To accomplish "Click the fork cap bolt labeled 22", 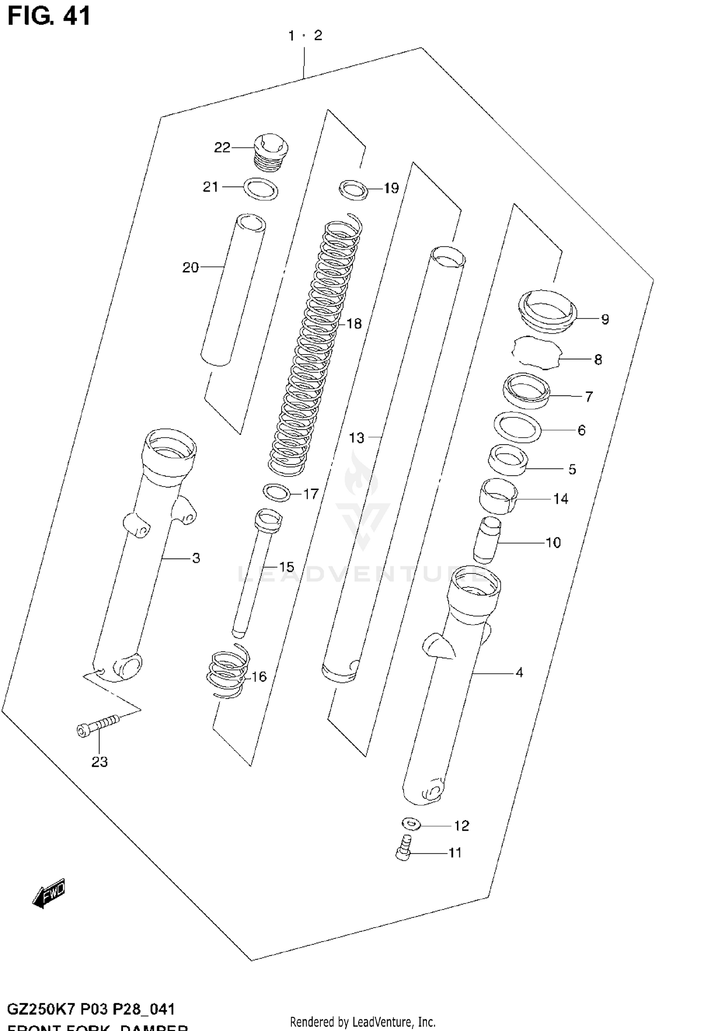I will tap(271, 153).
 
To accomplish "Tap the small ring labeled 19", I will tap(353, 189).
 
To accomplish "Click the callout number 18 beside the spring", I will tap(354, 324).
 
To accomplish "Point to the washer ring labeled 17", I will tap(276, 493).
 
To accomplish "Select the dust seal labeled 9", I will tap(547, 311).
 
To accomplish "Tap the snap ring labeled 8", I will tap(536, 353).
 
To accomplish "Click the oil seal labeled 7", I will tap(526, 390).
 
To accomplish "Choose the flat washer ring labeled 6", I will tap(517, 427).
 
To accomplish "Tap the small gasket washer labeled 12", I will tap(411, 823).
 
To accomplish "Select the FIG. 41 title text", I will tap(49, 16).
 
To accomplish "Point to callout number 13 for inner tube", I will tap(356, 438).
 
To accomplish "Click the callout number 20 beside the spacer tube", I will tap(191, 268).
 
